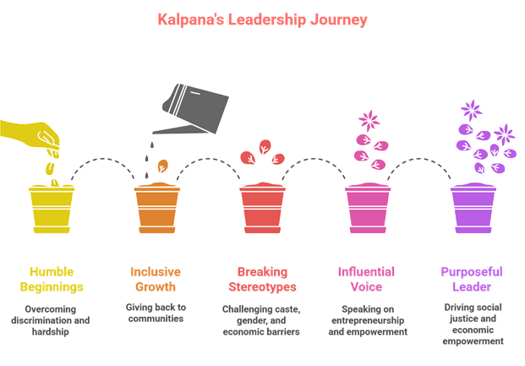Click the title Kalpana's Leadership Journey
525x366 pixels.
262,19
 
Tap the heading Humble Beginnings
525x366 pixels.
52,279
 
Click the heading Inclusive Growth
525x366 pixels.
157,279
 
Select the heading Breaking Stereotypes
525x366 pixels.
262,279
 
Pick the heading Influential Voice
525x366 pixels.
368,279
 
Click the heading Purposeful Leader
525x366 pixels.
473,279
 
